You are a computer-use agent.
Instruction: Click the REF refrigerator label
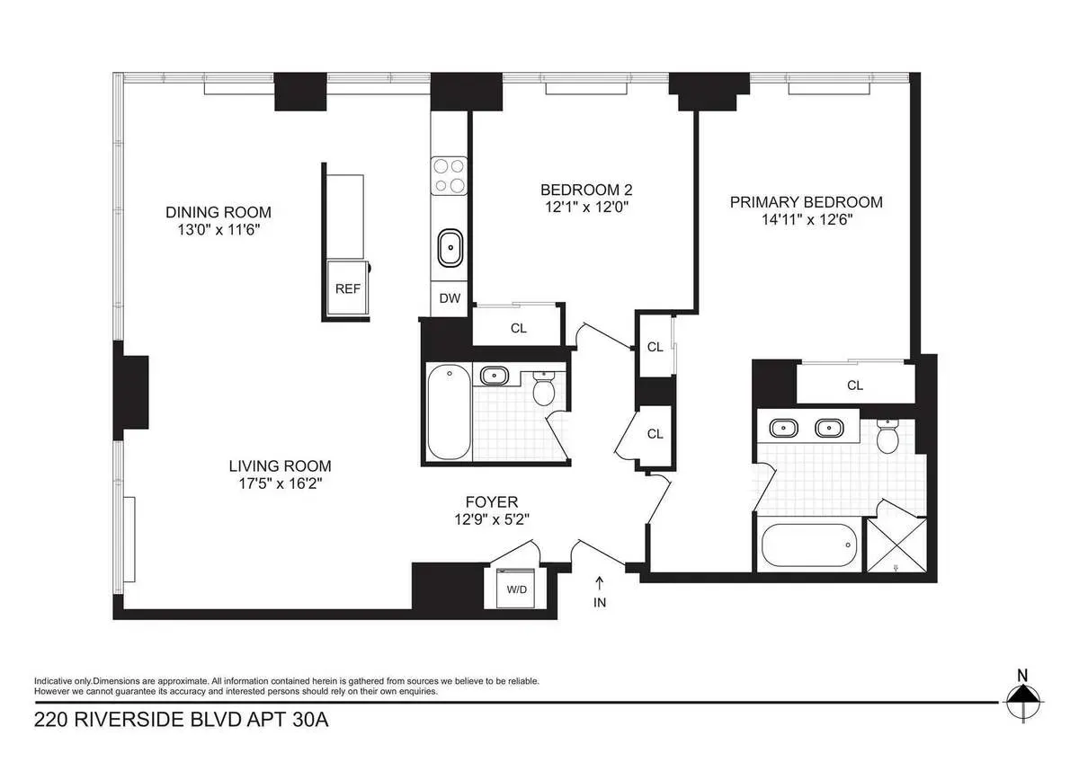[x=347, y=289]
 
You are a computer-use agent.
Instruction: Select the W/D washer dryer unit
[x=517, y=589]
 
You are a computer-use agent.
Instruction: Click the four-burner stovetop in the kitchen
[x=449, y=175]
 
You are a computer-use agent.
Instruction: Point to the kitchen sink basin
[x=449, y=246]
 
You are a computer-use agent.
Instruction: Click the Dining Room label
[x=218, y=212]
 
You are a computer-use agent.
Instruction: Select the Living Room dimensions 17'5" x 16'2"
[x=280, y=483]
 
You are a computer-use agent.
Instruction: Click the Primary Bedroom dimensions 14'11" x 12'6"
[x=806, y=219]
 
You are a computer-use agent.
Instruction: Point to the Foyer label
[x=491, y=501]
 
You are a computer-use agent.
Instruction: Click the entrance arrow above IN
[x=600, y=582]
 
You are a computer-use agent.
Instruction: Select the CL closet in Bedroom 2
[x=518, y=328]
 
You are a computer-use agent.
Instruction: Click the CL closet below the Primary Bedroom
[x=854, y=385]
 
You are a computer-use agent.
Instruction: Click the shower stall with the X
[x=891, y=545]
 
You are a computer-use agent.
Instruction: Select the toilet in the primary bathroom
[x=887, y=438]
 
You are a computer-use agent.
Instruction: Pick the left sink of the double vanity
[x=780, y=428]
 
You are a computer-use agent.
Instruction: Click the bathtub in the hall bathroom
[x=447, y=412]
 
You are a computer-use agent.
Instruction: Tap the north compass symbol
[x=1022, y=697]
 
